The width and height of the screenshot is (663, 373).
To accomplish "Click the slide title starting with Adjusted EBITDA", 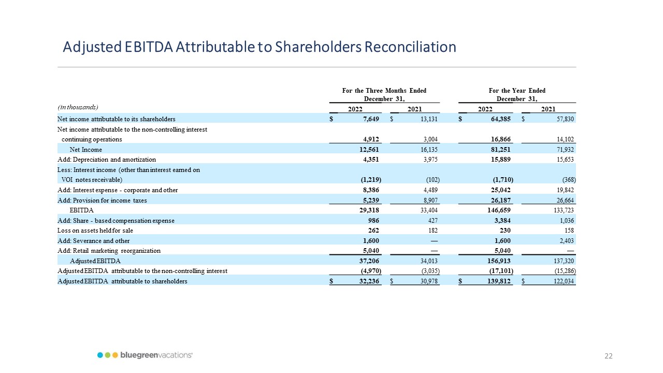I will [259, 47].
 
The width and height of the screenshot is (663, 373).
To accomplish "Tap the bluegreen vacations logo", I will [145, 355].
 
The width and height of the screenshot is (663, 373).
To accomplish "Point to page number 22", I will [609, 356].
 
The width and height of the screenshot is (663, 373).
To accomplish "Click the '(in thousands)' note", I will [78, 107].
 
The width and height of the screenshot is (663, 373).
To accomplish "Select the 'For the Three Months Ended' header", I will [384, 91].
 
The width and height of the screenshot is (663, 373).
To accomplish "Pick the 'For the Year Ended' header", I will [517, 91].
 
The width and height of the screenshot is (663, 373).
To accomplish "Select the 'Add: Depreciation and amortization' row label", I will [106, 160].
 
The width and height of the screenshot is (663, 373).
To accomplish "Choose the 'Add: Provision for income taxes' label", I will [102, 200].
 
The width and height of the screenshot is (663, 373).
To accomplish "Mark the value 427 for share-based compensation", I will [433, 220].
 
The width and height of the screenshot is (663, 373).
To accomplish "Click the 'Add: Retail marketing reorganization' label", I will [109, 251].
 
